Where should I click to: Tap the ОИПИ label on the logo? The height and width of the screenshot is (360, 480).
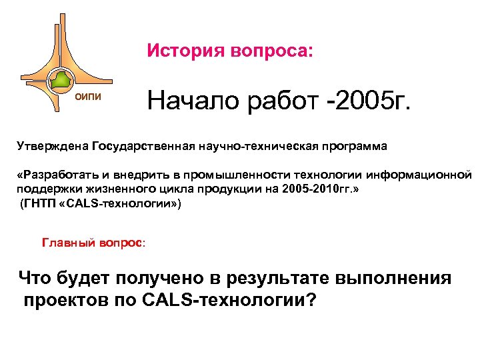tap(88, 98)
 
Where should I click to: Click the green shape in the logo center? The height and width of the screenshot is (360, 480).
tap(61, 81)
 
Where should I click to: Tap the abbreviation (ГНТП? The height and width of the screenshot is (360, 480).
tap(37, 204)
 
